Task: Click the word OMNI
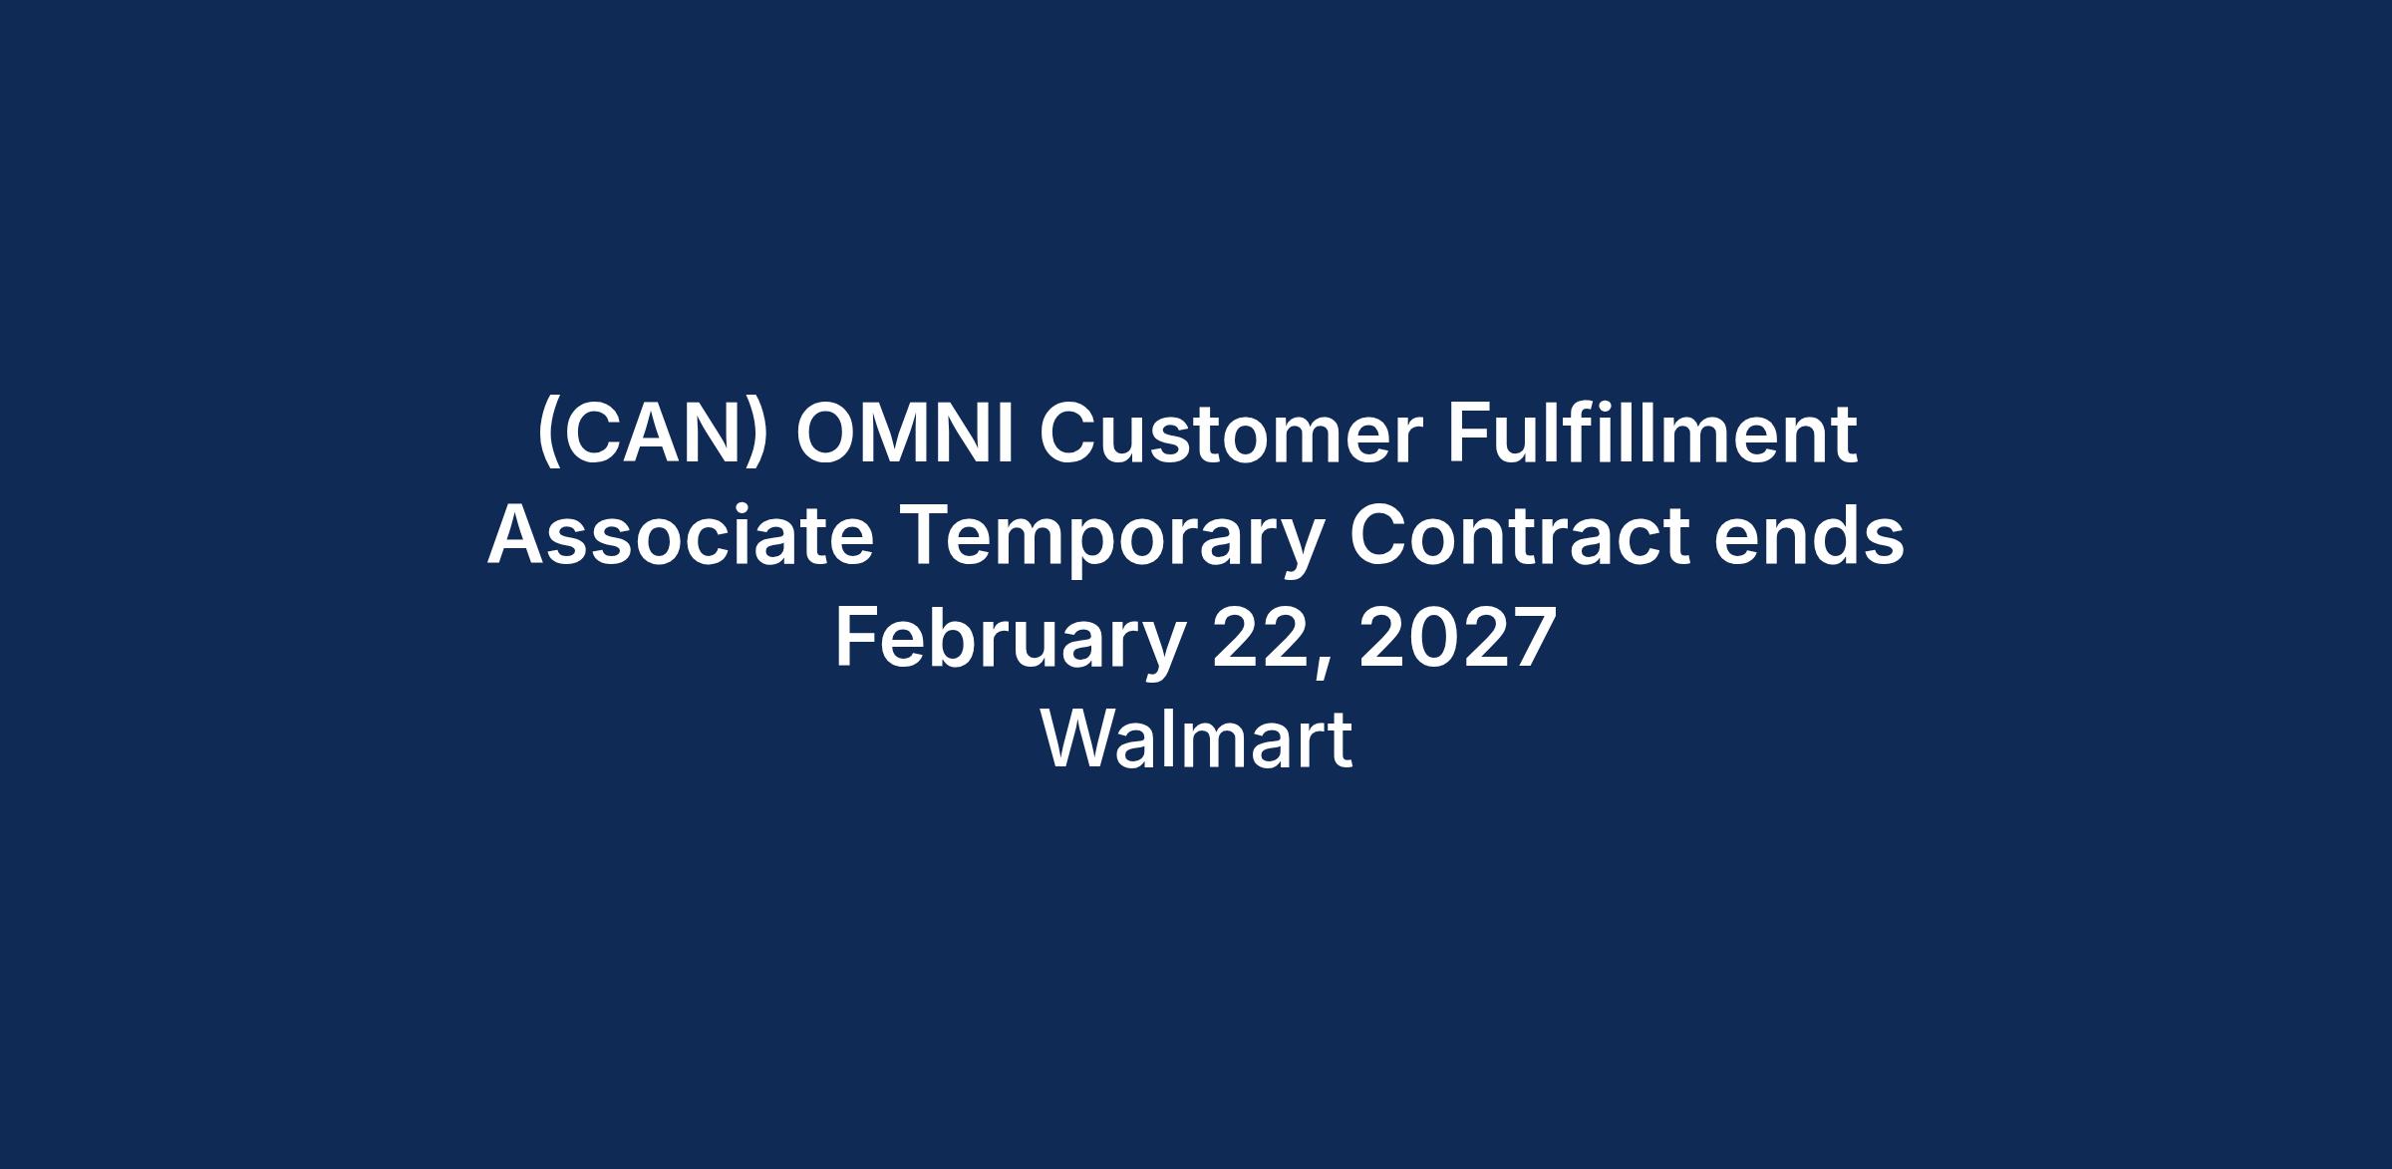(x=904, y=435)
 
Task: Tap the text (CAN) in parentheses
(x=653, y=437)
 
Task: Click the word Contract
(x=1518, y=537)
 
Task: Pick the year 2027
(x=1457, y=639)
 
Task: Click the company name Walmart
(x=1196, y=739)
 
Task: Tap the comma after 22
(x=1322, y=668)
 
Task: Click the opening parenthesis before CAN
(x=547, y=437)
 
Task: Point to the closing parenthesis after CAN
(x=758, y=437)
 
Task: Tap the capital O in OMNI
(x=827, y=435)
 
